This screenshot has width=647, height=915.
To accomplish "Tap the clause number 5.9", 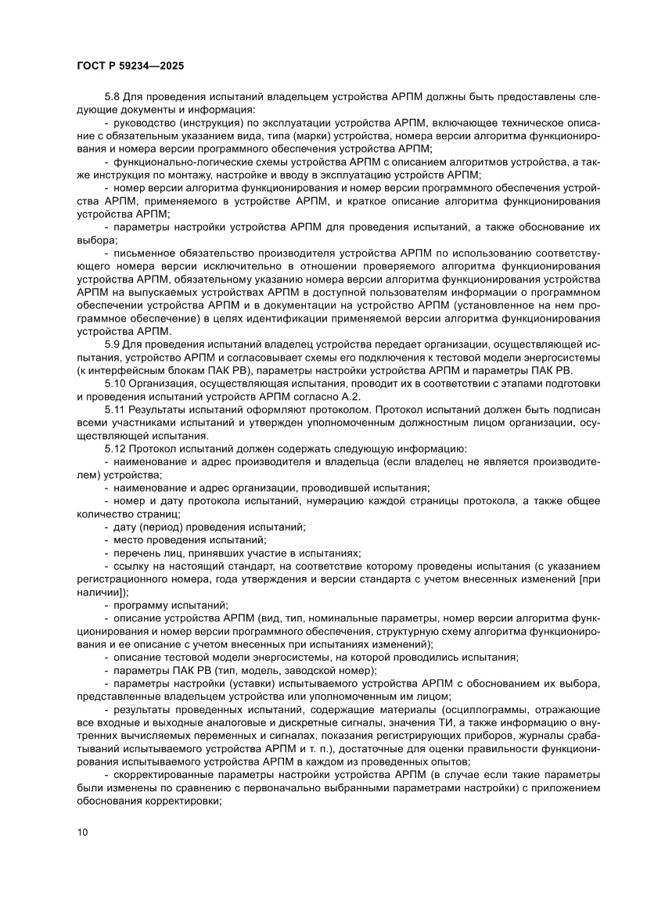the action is [x=111, y=345].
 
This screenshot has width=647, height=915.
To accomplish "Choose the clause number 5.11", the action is [x=114, y=410].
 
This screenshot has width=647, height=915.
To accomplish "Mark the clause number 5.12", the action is [x=114, y=448].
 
